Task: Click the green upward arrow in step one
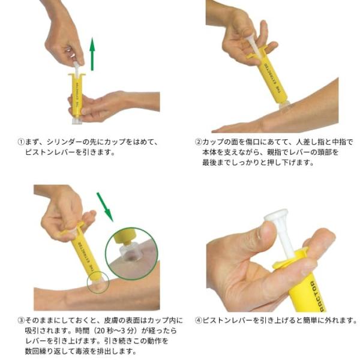(x=92, y=54)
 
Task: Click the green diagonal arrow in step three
(x=105, y=207)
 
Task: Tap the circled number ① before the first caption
(x=21, y=142)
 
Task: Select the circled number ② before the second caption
(x=198, y=142)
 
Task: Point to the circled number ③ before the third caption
(x=21, y=320)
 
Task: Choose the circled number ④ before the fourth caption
(x=198, y=320)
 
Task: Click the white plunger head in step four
(x=276, y=214)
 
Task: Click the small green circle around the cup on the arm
(x=98, y=282)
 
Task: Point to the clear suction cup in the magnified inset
(x=129, y=253)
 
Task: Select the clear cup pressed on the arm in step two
(x=284, y=106)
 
